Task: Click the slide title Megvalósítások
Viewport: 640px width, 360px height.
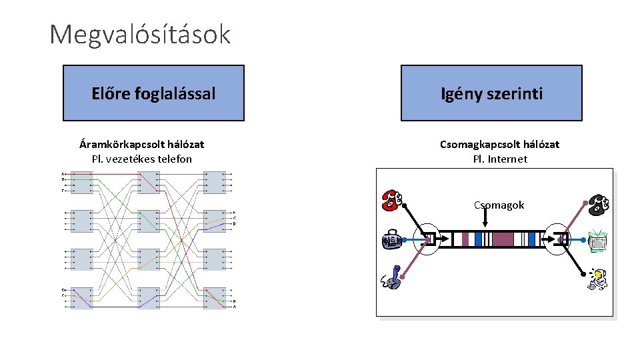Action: (140, 34)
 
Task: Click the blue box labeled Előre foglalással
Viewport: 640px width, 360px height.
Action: (153, 93)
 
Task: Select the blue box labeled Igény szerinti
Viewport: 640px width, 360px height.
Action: (491, 93)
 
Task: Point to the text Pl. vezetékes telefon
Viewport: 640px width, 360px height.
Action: (141, 159)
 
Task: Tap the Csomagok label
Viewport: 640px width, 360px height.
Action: (499, 205)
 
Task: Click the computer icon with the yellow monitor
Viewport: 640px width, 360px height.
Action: (598, 280)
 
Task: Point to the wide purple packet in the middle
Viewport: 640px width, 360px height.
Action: (503, 239)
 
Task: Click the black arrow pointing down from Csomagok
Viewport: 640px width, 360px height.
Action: (499, 219)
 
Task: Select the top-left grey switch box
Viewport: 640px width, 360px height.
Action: (82, 181)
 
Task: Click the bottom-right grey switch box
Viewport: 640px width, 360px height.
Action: (215, 298)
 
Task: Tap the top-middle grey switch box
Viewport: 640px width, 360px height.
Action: (149, 181)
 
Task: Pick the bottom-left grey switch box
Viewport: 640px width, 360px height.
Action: (82, 298)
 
